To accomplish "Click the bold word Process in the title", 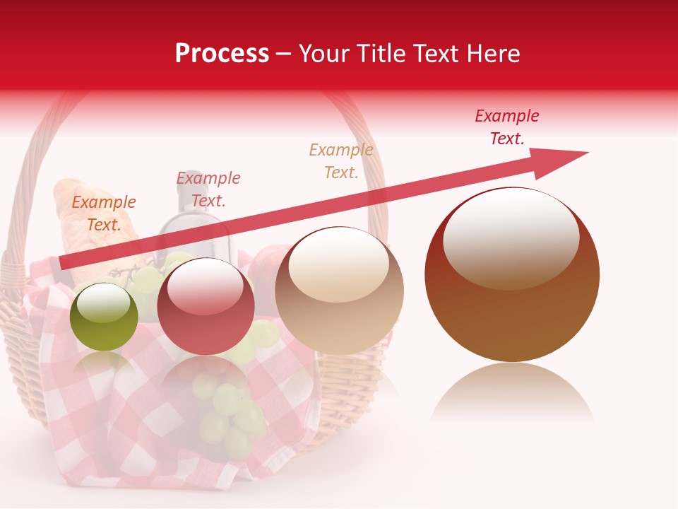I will click(x=222, y=54).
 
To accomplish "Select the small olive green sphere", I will click(x=104, y=317).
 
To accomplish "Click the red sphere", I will click(x=206, y=307).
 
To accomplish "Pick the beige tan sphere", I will click(x=340, y=291).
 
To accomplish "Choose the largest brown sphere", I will click(x=512, y=276).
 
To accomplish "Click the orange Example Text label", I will click(x=104, y=213).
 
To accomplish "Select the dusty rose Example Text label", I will click(x=208, y=189).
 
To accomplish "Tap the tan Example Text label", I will click(x=341, y=160).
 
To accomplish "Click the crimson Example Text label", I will click(x=507, y=127).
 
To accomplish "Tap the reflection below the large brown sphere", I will click(x=512, y=392).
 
